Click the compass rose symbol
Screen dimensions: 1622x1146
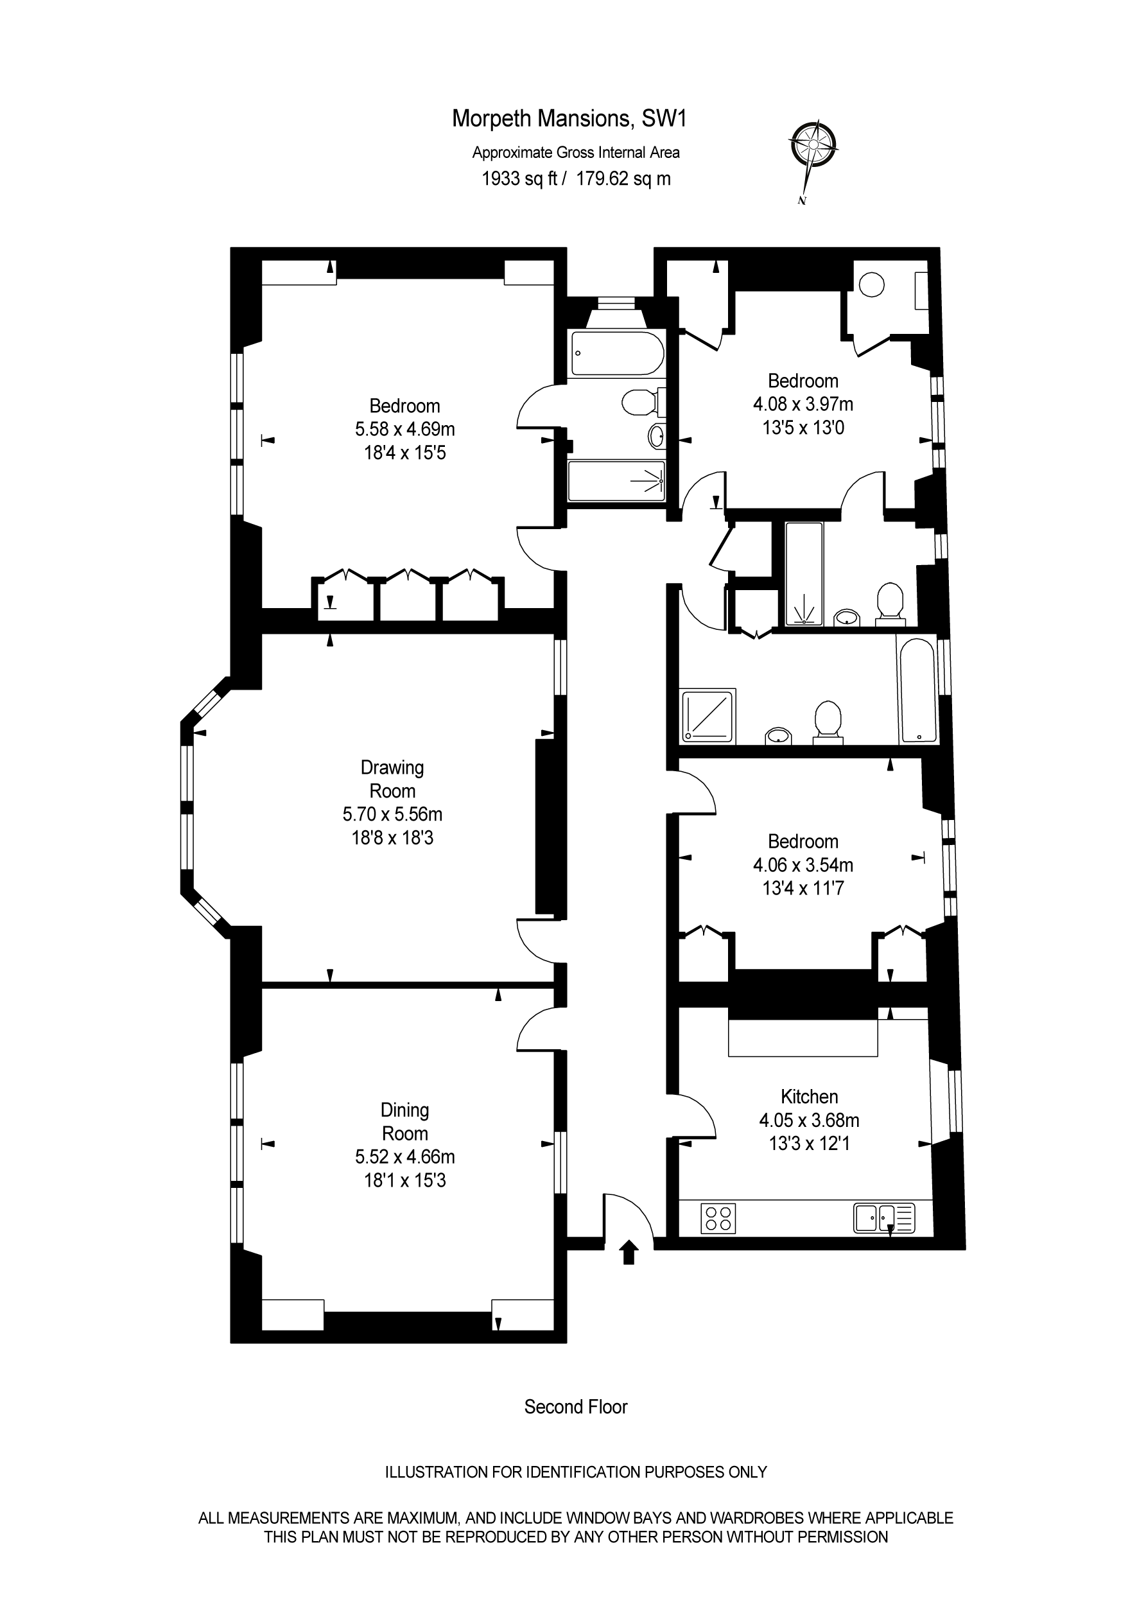coord(813,145)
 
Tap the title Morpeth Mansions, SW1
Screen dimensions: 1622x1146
coord(569,119)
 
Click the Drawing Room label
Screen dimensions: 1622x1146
coord(392,778)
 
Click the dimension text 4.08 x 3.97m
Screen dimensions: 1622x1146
coord(803,404)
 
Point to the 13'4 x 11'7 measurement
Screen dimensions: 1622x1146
coord(803,888)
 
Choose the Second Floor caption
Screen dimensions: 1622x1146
coord(575,1406)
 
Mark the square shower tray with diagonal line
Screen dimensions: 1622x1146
coord(709,715)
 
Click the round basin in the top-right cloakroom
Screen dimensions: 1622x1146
coord(871,284)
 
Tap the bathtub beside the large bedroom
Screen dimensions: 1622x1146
coord(617,353)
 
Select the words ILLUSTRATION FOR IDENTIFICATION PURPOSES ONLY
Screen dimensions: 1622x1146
coord(575,1472)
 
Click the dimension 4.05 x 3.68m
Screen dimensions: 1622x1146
coord(809,1120)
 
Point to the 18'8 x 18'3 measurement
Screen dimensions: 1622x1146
coord(392,838)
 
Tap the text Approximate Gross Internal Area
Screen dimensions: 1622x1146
coord(575,153)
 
